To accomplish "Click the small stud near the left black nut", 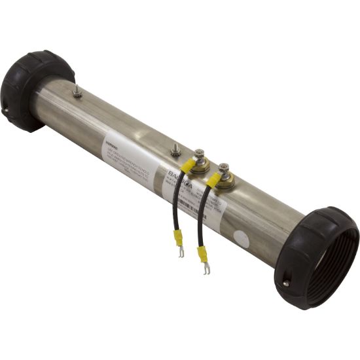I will coord(77,92).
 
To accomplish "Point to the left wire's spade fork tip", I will coord(181,252).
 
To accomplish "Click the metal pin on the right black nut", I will coord(285,283).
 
